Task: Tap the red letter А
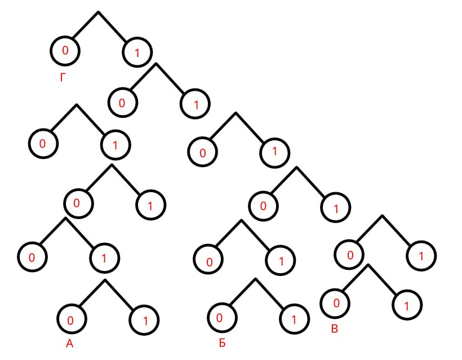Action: [69, 344]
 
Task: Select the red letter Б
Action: [221, 343]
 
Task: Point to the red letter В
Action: [334, 328]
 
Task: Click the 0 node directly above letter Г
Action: [65, 51]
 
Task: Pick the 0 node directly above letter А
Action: [71, 320]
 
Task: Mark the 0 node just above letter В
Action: [335, 304]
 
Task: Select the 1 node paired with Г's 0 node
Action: [138, 53]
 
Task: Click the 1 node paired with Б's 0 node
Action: [294, 320]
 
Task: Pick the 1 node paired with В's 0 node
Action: [407, 306]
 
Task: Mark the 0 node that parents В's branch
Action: [349, 255]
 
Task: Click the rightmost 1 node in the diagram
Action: [422, 256]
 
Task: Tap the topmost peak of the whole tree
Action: [99, 11]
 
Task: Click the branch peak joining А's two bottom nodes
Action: [104, 279]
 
